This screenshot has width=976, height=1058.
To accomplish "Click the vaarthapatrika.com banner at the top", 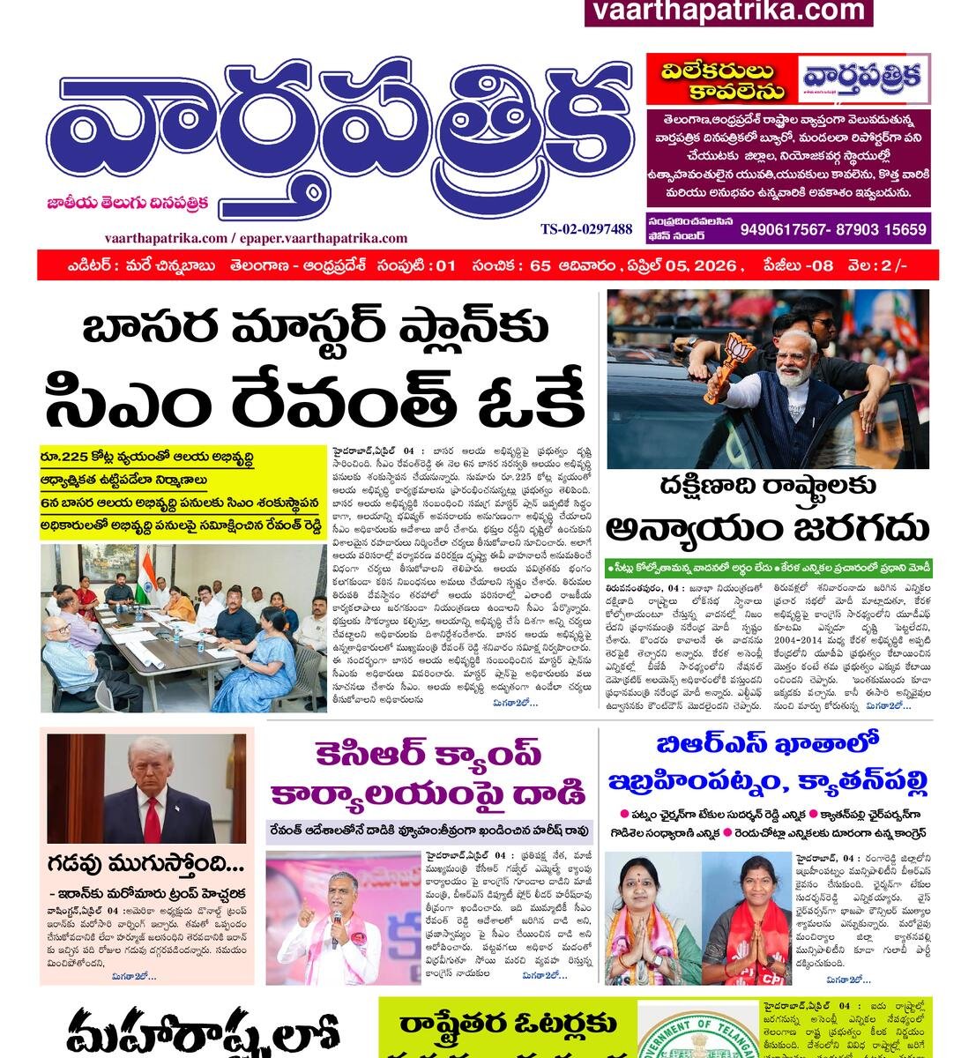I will point(728,11).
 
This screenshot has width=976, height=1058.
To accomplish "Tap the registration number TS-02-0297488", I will point(586,229).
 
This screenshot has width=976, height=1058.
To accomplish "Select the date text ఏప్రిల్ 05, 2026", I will point(680,265).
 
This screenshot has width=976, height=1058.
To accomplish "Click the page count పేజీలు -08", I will point(798,265).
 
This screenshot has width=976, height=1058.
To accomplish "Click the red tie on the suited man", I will point(151,818).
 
